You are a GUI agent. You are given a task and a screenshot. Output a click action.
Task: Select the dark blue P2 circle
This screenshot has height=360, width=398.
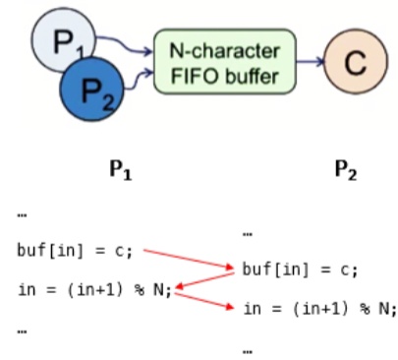[91, 90]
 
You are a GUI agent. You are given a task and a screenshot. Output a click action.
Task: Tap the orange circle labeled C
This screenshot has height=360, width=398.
[356, 61]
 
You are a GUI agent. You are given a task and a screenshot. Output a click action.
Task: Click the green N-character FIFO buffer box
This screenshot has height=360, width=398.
[225, 62]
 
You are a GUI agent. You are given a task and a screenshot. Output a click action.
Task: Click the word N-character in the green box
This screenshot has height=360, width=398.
[225, 51]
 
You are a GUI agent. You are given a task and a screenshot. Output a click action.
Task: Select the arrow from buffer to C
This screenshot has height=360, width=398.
[311, 61]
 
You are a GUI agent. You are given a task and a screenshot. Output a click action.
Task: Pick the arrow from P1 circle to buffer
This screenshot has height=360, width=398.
[124, 44]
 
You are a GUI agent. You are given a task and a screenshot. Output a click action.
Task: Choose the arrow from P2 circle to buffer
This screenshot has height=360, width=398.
[139, 79]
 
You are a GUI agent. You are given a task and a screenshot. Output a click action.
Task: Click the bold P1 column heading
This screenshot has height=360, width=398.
[121, 170]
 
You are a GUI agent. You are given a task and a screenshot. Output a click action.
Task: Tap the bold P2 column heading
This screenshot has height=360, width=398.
[346, 170]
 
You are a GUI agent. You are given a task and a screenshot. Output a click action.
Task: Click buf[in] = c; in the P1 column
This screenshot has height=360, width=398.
[75, 251]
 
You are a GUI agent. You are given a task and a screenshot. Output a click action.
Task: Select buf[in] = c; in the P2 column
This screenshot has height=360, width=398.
[300, 270]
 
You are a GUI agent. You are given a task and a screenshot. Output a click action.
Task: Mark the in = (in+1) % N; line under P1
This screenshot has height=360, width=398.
[95, 290]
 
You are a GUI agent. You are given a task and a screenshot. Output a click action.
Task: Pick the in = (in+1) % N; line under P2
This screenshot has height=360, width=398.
[320, 309]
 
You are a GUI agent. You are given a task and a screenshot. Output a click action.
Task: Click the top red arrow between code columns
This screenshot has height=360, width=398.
[189, 260]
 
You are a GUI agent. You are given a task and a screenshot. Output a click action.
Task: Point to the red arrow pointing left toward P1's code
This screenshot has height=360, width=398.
[205, 280]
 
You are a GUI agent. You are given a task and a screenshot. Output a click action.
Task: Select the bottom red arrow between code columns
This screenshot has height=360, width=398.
[204, 300]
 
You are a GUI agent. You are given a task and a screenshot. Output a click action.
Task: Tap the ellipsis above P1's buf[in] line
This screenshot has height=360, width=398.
[22, 215]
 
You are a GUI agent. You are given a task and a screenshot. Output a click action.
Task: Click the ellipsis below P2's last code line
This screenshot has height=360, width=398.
[248, 352]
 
